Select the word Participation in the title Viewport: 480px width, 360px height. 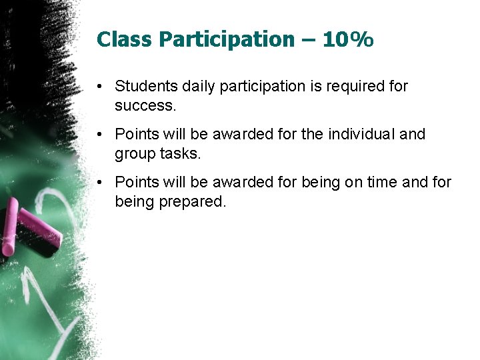click(226, 41)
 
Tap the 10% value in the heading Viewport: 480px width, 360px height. click(347, 40)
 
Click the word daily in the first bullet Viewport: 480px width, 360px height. click(194, 86)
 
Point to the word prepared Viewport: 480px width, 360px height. click(193, 201)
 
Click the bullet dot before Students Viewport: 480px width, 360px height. click(99, 87)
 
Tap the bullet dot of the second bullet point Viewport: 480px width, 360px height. click(99, 135)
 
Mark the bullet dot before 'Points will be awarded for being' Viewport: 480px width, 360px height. click(99, 183)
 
